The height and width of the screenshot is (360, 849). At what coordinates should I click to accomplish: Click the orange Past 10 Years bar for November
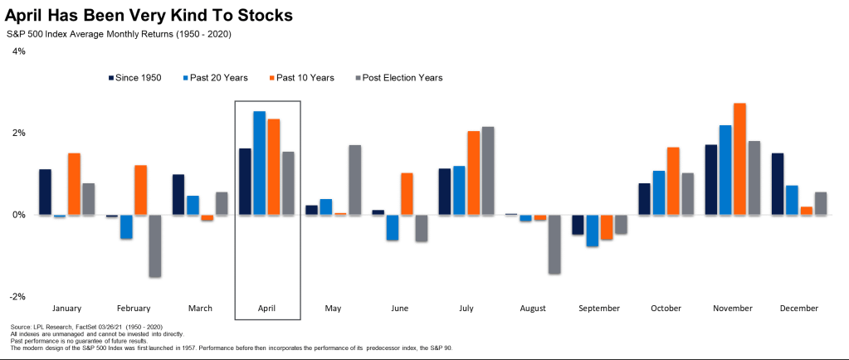pos(739,159)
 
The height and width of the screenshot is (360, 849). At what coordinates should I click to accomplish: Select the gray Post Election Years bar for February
pos(155,246)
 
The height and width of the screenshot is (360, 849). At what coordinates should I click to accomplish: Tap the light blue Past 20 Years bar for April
pos(260,163)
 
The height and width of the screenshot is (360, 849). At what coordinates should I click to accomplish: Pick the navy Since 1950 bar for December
pos(778,184)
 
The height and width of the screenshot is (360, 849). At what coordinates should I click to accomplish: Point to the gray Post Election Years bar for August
pos(554,244)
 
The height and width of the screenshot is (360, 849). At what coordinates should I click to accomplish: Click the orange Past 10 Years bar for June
pos(407,194)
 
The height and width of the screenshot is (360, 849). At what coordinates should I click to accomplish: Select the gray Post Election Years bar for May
pos(354,180)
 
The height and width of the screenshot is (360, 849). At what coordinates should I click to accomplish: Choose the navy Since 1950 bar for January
pos(45,192)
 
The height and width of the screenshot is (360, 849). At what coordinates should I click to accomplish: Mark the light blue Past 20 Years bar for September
pos(593,231)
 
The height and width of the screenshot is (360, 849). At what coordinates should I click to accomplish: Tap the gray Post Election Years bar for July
pos(488,171)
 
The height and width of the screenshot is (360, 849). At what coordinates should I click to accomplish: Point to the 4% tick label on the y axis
pos(18,51)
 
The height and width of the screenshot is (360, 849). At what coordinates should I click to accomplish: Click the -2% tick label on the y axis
pos(17,296)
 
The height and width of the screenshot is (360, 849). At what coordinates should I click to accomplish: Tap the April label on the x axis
pos(267,308)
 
